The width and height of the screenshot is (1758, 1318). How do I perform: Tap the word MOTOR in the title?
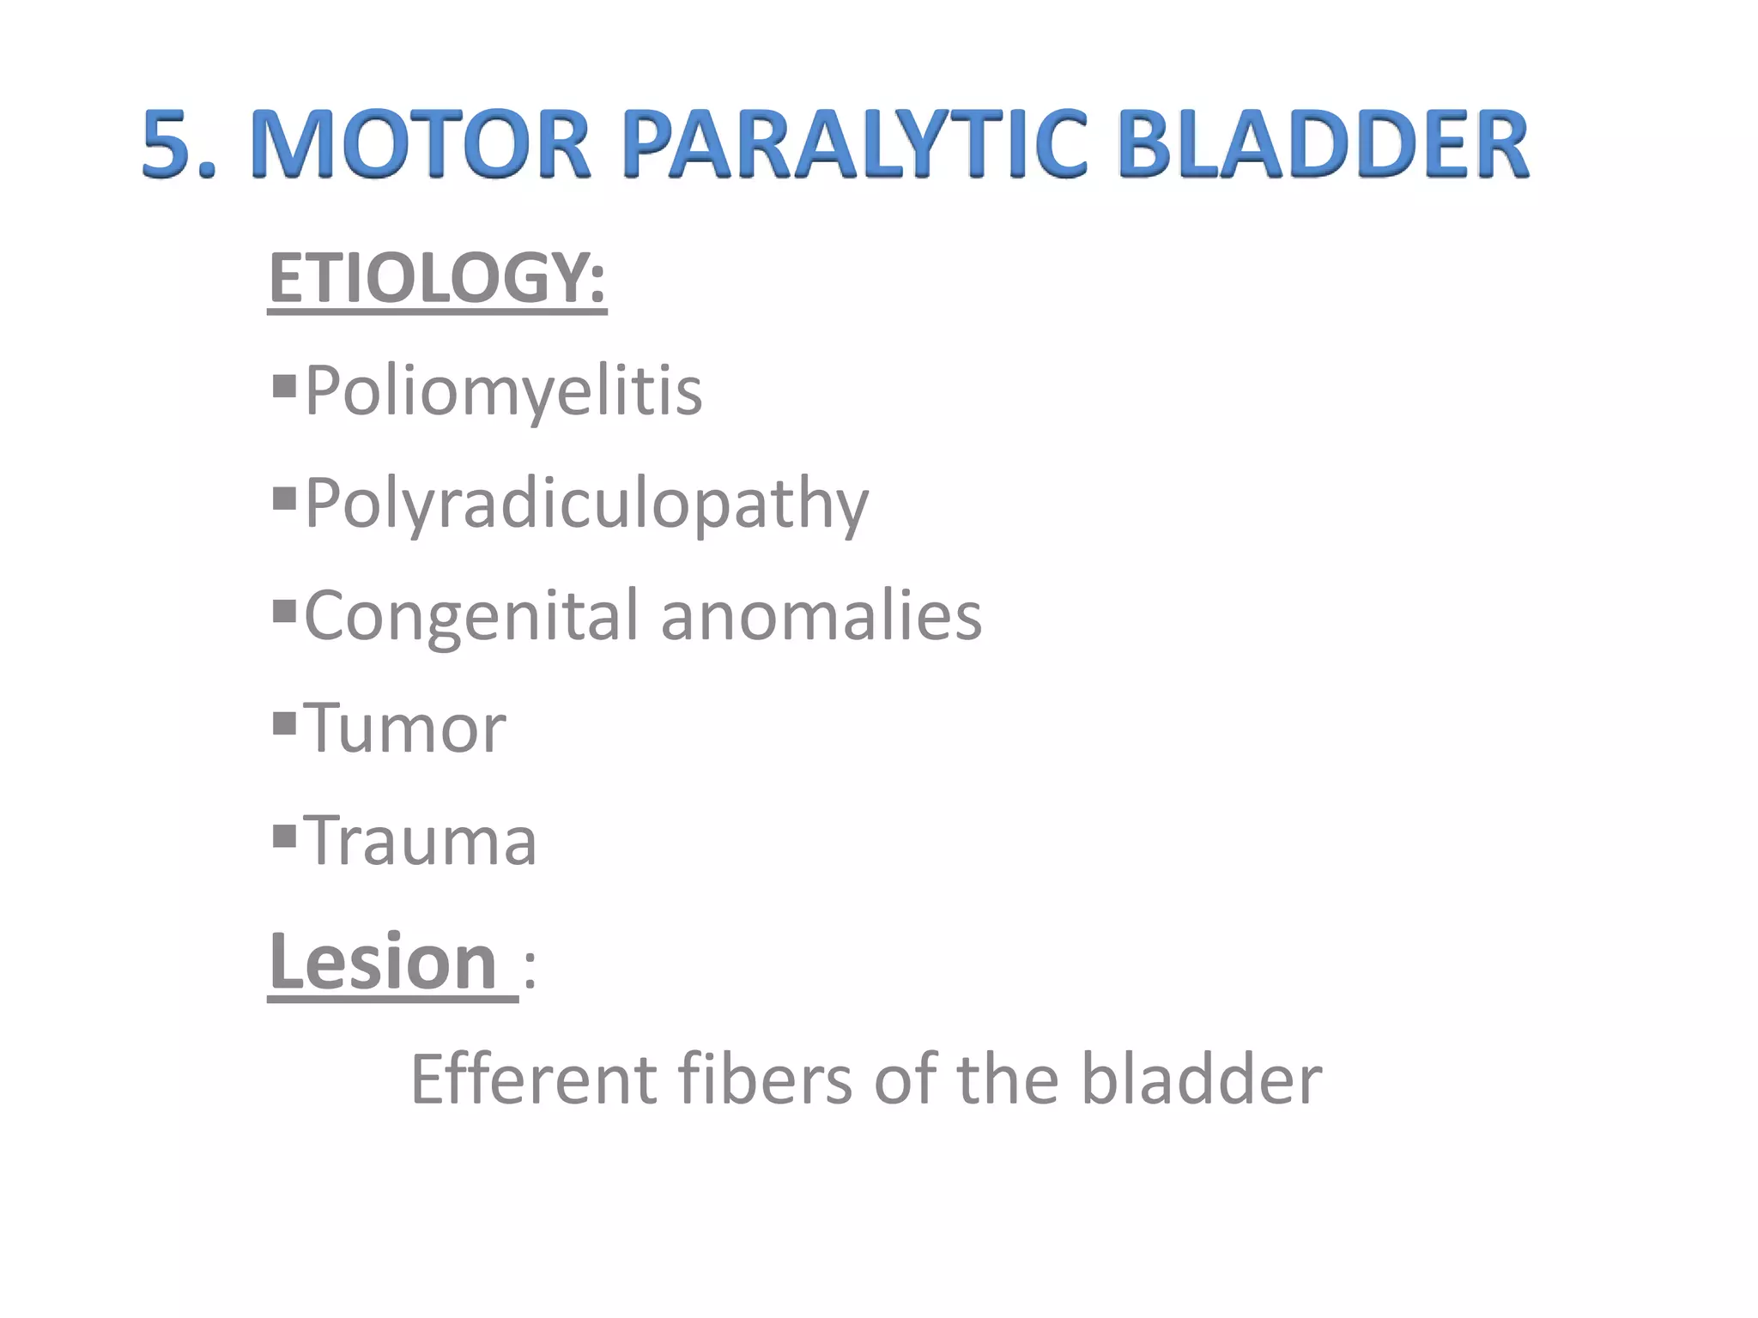point(421,143)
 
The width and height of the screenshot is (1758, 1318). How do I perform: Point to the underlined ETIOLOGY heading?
point(437,278)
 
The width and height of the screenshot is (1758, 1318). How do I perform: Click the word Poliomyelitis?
point(504,391)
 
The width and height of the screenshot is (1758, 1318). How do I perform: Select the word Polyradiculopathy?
point(587,505)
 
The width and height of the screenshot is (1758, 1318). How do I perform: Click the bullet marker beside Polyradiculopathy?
point(284,499)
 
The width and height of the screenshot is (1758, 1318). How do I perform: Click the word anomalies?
point(821,616)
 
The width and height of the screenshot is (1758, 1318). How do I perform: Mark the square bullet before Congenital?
point(284,612)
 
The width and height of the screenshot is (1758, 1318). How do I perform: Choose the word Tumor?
point(405,729)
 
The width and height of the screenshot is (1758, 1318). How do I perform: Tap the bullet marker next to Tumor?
point(284,724)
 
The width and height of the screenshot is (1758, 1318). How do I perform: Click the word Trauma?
point(421,841)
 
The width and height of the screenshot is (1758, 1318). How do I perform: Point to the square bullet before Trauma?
point(284,836)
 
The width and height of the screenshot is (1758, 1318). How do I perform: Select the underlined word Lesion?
point(384,962)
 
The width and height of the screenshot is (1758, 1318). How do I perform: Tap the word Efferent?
point(534,1079)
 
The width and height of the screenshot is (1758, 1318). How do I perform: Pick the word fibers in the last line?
point(765,1079)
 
